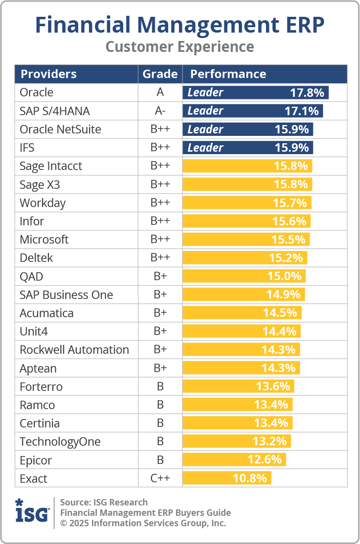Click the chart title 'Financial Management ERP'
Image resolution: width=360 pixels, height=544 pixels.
(180, 25)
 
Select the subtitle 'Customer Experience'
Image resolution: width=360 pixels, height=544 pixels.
(180, 46)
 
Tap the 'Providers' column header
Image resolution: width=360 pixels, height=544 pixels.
(48, 74)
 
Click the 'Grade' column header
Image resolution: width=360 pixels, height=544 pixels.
(160, 74)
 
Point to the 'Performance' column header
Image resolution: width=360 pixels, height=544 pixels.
(228, 74)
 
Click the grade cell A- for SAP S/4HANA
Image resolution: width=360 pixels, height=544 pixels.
(160, 111)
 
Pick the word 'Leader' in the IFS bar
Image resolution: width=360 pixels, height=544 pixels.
(205, 148)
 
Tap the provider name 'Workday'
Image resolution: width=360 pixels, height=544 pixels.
(43, 203)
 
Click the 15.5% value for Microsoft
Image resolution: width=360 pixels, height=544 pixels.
(289, 240)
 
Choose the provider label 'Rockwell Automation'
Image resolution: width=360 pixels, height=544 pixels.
(74, 350)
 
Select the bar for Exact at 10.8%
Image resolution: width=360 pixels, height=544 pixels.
(227, 478)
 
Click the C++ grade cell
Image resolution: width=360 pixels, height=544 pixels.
(160, 478)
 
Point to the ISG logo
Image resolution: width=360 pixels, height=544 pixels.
(32, 512)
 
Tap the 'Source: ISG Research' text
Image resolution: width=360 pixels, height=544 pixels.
(104, 502)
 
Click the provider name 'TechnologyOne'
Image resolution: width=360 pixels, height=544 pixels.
(60, 442)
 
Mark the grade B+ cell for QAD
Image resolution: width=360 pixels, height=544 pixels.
(160, 277)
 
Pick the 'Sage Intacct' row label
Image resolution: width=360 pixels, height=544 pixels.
(51, 166)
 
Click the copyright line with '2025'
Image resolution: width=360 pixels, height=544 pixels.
(143, 523)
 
